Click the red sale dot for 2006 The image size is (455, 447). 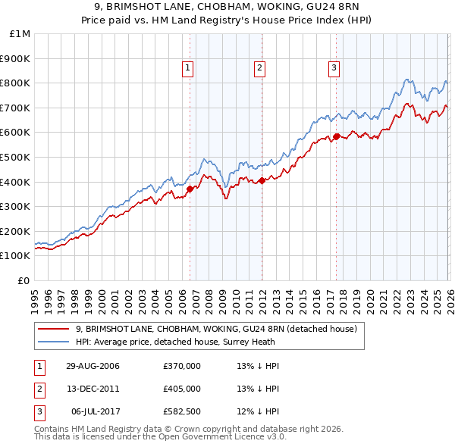point(190,189)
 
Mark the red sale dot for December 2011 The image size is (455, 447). point(262,180)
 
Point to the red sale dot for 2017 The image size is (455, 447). point(336,136)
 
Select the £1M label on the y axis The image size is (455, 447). point(20,33)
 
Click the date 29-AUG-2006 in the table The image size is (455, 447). point(93,366)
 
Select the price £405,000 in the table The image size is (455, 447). point(181,389)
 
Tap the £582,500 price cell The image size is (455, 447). point(181,411)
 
